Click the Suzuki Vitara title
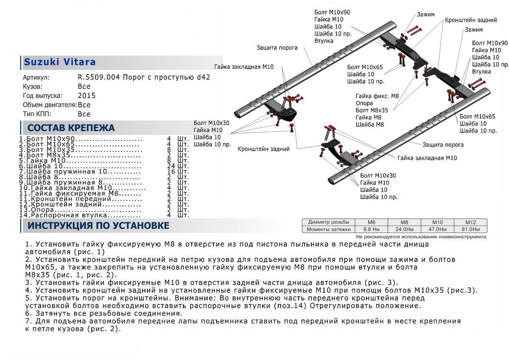pos(59,62)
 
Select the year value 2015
pos(87,96)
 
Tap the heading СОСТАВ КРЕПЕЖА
pos(71,128)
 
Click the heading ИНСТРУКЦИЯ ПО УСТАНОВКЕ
pos(98,225)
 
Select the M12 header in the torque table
pos(470,222)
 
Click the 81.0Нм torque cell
pos(470,229)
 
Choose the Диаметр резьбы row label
pos(329,222)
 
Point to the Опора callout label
pos(364,103)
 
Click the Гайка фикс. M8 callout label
pos(378,96)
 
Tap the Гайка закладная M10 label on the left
pos(244,67)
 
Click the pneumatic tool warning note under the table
pos(421,236)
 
